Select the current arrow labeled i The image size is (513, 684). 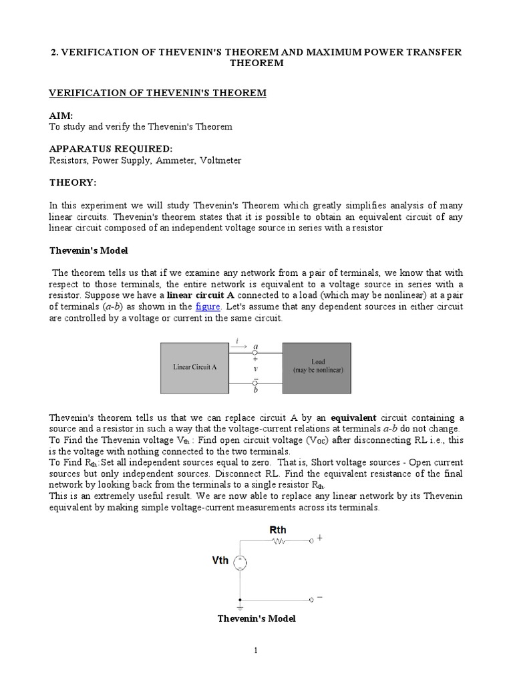coord(237,346)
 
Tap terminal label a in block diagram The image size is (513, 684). coord(255,346)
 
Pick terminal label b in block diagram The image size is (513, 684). coord(255,390)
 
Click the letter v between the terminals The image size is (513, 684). coord(255,368)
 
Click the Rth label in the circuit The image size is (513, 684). coord(278,530)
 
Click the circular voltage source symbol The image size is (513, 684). coord(240,563)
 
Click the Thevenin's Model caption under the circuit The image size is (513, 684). coord(256,619)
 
